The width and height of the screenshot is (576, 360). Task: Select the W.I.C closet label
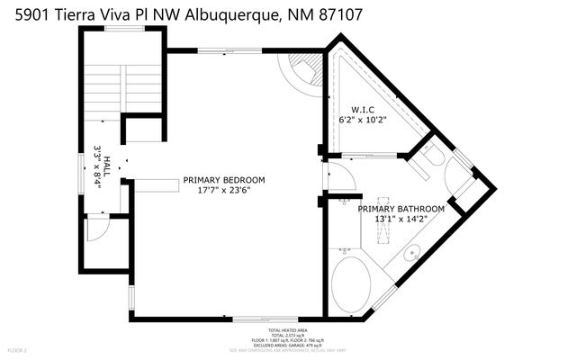[x=349, y=108]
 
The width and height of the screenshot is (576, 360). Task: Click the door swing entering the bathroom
[x=343, y=177]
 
